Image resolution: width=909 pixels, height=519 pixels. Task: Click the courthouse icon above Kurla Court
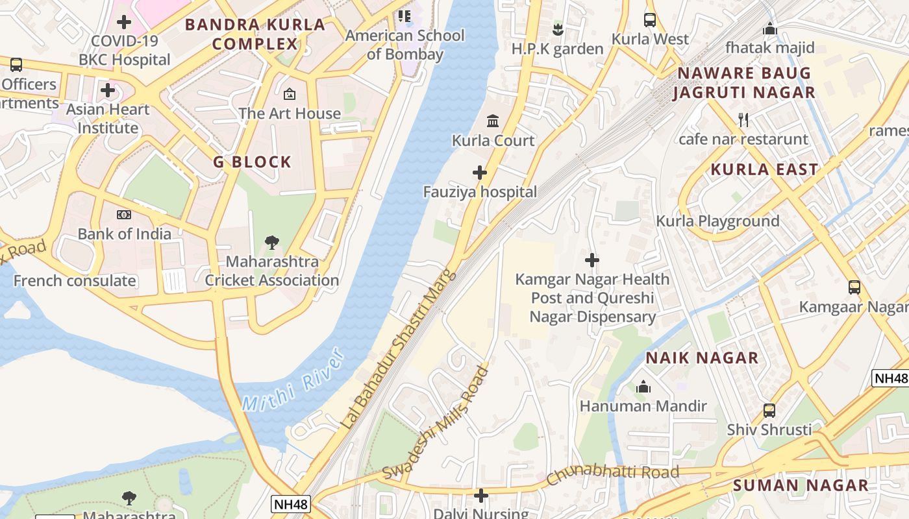493,121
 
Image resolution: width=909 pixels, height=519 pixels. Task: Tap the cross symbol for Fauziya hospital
480,173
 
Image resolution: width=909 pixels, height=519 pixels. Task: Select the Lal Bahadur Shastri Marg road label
398,351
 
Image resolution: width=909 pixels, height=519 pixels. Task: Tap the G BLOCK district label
252,162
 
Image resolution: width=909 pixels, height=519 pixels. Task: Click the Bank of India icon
124,215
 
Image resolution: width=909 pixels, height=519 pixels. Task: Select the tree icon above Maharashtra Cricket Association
272,243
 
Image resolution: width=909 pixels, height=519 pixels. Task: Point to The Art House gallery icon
290,94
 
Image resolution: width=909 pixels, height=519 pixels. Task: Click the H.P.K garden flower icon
557,29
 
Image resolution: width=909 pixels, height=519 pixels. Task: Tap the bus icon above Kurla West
650,19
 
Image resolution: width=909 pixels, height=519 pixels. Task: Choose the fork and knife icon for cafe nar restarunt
743,120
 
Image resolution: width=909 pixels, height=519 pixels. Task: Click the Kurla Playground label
717,221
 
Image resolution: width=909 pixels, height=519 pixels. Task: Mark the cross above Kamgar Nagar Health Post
591,260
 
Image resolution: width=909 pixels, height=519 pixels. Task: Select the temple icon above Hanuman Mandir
643,387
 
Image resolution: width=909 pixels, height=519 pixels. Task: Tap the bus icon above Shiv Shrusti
769,410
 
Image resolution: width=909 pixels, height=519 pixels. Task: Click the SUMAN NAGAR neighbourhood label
801,485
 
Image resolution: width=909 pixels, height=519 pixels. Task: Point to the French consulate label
75,281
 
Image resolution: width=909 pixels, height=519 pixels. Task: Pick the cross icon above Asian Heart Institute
108,90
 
